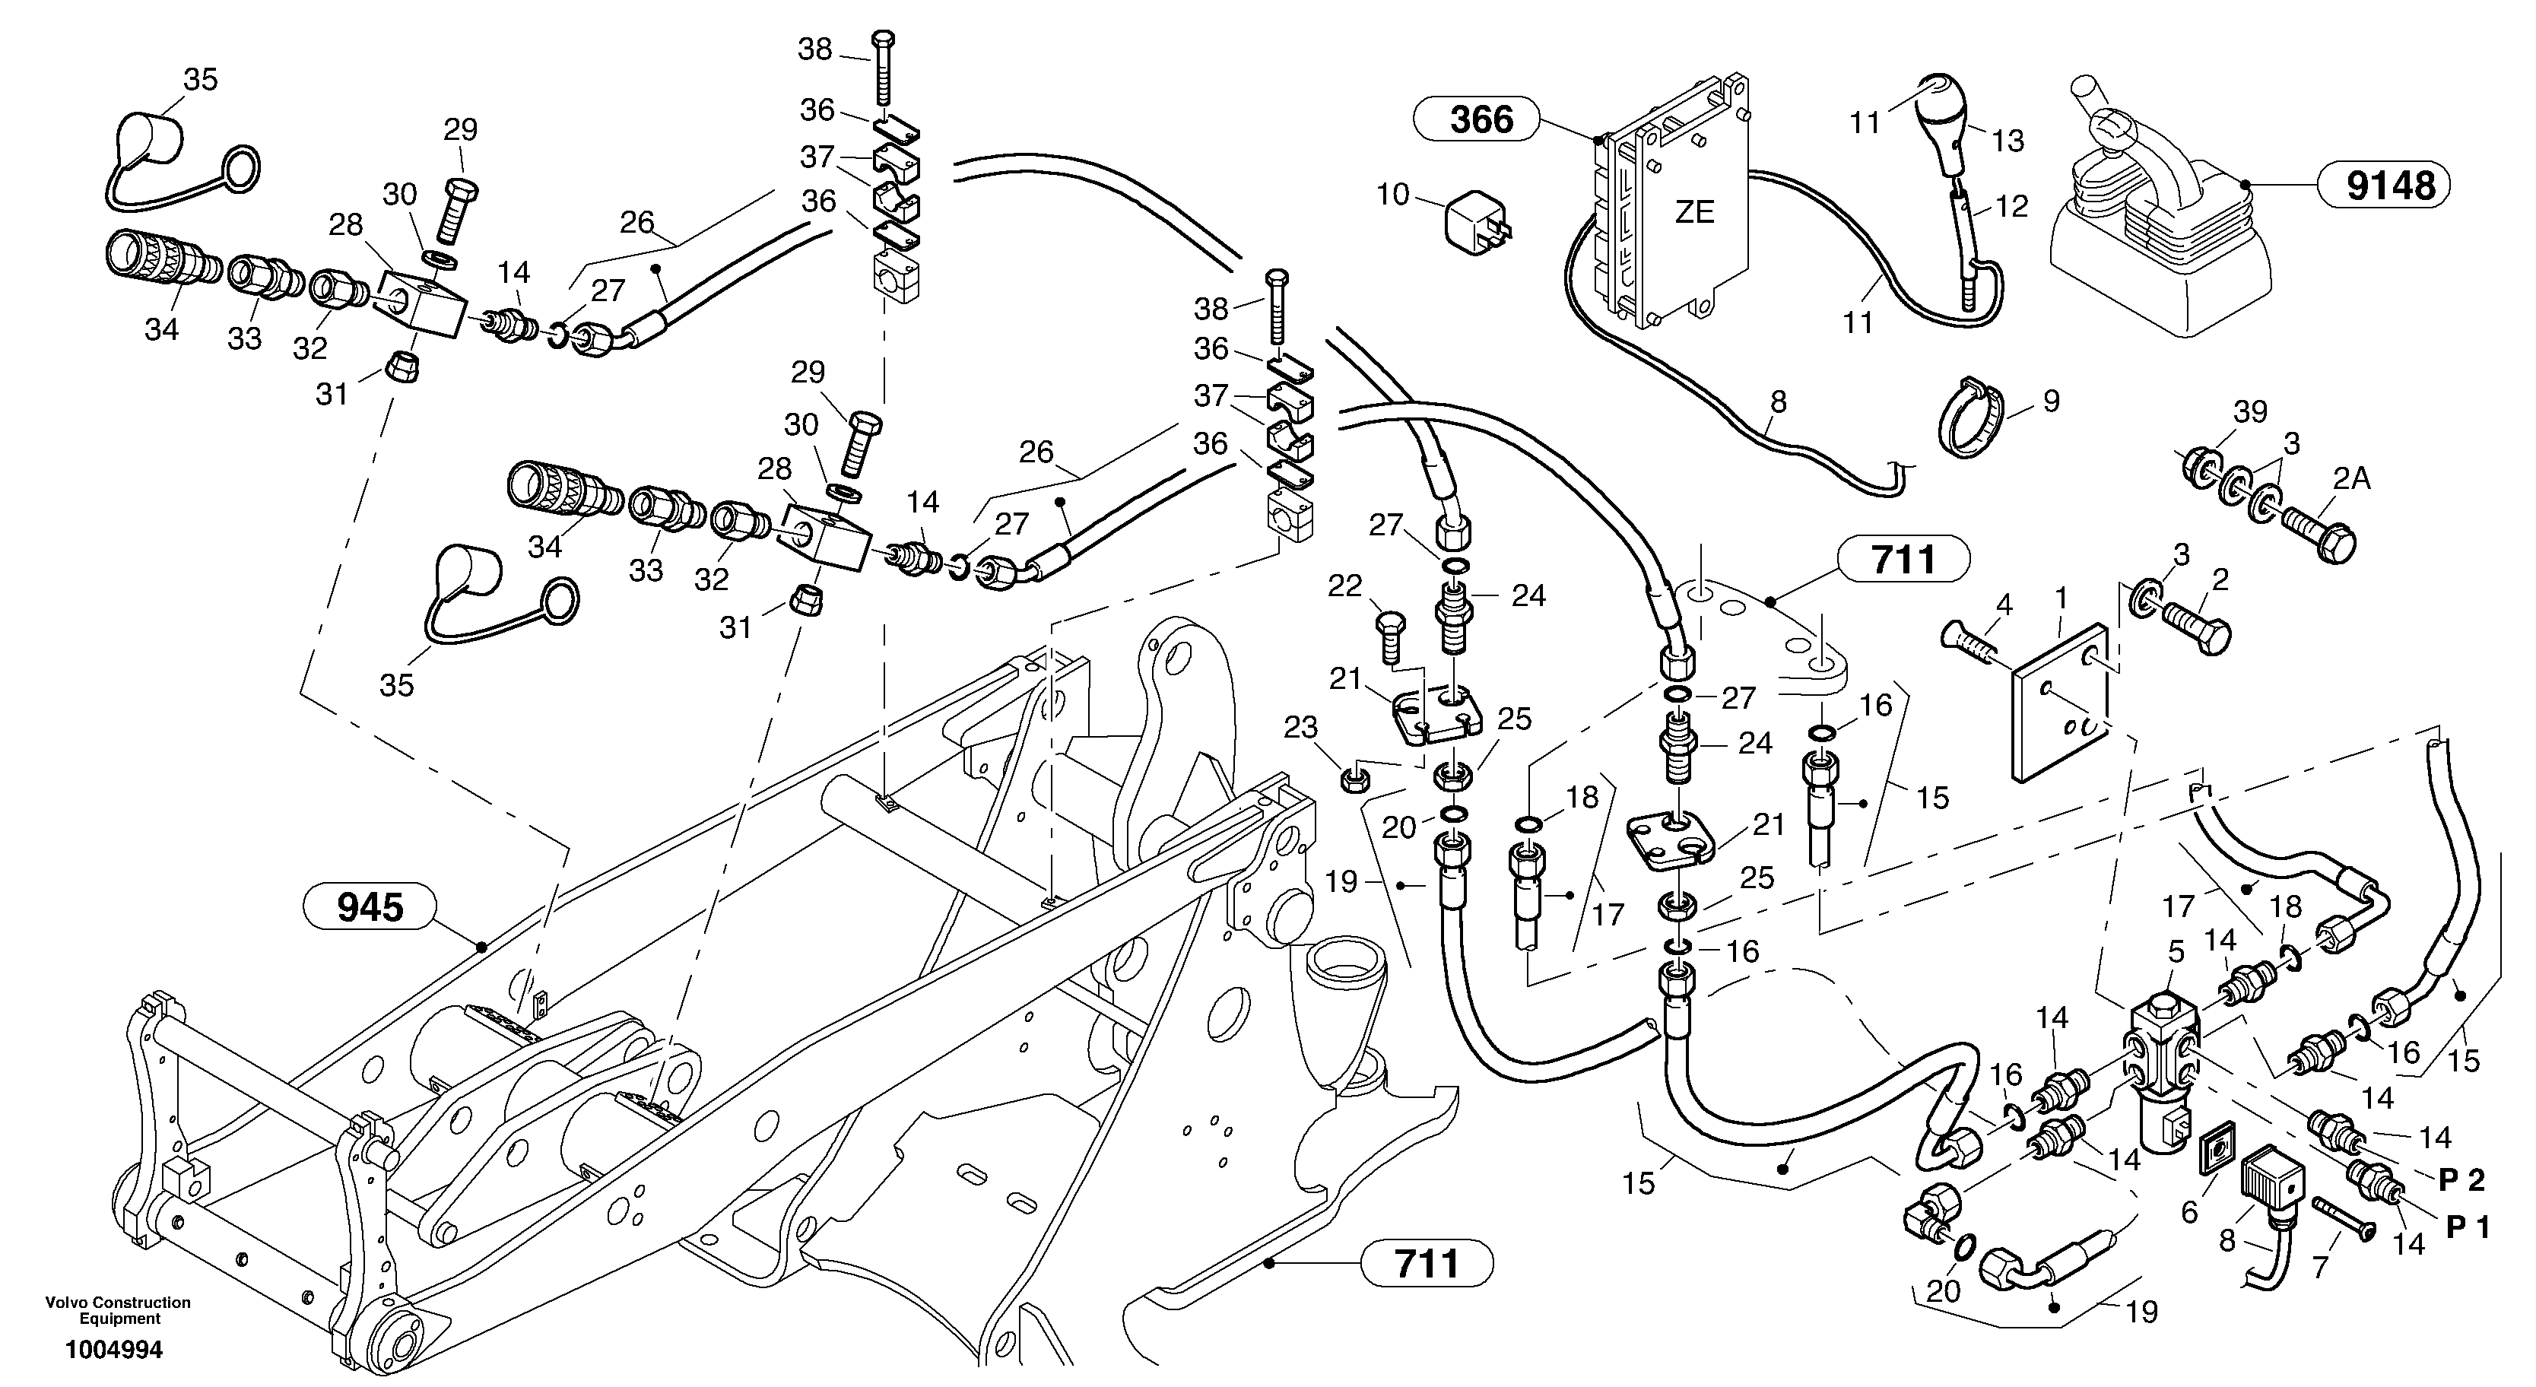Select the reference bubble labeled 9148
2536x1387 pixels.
2390,185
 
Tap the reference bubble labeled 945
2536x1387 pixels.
370,906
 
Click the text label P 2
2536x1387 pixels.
2461,1179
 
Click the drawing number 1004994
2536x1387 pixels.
114,1350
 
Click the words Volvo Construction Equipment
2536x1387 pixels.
118,1310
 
